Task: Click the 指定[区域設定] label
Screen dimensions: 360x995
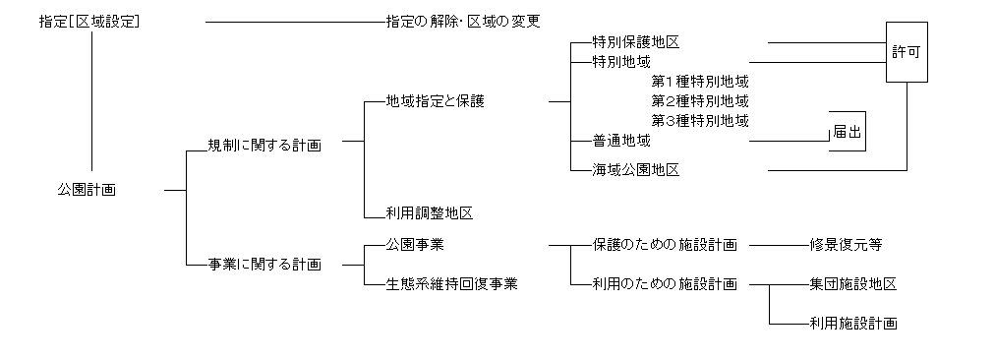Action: coord(88,21)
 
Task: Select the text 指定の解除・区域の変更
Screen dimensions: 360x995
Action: coord(463,21)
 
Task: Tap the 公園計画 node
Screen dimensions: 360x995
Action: coord(87,190)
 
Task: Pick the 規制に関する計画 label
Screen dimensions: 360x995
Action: coord(264,145)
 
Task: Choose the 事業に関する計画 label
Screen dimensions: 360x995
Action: coord(264,264)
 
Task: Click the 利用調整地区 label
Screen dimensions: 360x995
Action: coord(431,212)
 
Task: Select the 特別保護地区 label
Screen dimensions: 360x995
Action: coord(636,42)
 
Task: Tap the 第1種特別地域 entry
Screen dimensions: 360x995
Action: coord(700,82)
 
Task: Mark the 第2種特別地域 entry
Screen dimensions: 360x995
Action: coord(700,101)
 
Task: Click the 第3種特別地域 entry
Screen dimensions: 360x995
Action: coord(700,121)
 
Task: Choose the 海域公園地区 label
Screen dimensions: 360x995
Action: coord(636,169)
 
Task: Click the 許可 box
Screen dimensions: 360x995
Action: coord(907,51)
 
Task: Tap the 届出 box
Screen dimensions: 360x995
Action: coord(848,132)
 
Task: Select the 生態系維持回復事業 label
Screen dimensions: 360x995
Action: coord(452,283)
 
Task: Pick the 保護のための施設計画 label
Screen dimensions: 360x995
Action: coord(665,244)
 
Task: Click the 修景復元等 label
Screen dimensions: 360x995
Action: coord(846,244)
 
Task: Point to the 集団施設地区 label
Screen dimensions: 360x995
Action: coord(852,283)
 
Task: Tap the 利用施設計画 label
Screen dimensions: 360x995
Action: coord(852,323)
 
